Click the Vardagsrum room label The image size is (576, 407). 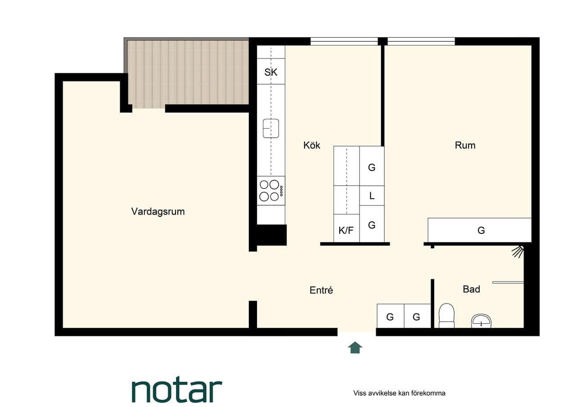click(158, 212)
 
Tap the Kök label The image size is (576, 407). click(312, 145)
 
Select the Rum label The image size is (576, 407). click(465, 145)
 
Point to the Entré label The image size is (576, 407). click(321, 290)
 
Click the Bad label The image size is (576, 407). click(471, 289)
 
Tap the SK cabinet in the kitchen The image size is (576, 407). click(271, 71)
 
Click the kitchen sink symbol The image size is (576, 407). click(271, 128)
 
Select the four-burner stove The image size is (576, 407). click(271, 190)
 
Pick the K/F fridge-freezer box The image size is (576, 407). click(346, 228)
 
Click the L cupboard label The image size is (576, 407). click(372, 196)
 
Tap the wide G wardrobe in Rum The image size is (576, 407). click(480, 230)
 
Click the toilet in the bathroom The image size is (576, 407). click(446, 316)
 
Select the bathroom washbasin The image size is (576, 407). click(481, 321)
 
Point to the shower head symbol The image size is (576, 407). click(518, 251)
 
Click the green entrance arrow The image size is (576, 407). click(355, 348)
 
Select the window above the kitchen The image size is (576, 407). click(344, 41)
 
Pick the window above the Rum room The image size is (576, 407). click(421, 41)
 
